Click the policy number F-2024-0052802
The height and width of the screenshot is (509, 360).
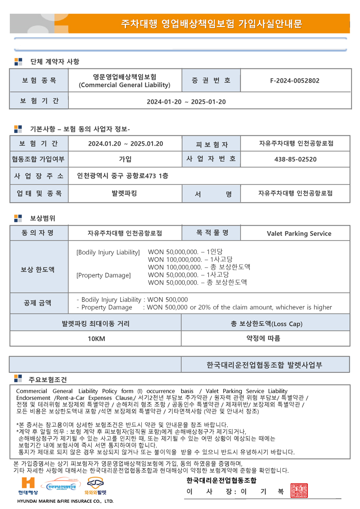coord(295,81)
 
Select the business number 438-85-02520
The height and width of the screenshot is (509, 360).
coord(295,159)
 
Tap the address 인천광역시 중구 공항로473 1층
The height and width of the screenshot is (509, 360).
coord(123,176)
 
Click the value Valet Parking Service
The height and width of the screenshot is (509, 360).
coord(299,233)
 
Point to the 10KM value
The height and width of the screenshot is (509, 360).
coord(96,338)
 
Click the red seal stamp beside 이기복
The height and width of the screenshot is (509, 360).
coord(299,491)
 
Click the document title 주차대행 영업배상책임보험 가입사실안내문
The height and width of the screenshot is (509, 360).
coord(211,24)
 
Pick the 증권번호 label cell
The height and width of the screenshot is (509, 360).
coord(211,80)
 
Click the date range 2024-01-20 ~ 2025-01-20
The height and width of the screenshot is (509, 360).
coord(186,102)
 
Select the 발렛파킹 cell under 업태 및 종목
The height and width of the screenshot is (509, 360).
coord(124,193)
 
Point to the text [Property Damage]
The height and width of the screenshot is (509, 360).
coord(103,275)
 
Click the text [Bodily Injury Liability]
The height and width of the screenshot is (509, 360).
coord(108,252)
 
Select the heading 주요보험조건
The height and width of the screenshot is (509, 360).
coord(48,380)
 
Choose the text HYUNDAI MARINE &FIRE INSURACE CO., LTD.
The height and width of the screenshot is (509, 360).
coord(65,501)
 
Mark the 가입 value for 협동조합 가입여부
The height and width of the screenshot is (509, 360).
coord(125,159)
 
